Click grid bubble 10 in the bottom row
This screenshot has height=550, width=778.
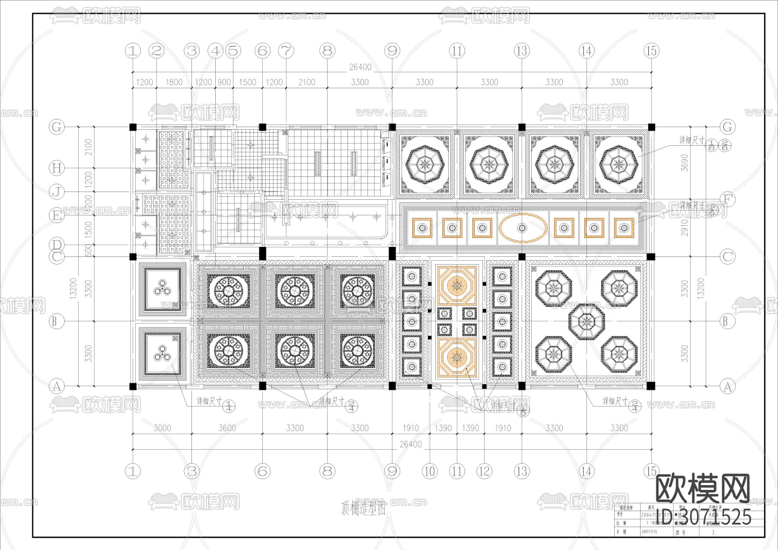pos(430,471)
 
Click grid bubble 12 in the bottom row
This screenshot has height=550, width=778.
pos(484,471)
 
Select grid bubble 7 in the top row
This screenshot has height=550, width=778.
pos(286,51)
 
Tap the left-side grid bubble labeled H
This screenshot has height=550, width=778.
pos(57,168)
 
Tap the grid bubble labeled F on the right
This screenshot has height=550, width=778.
pos(727,199)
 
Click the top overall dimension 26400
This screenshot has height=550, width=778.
pos(360,67)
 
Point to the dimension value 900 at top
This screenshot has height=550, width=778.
pos(224,82)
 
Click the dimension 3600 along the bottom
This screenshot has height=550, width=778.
pos(227,428)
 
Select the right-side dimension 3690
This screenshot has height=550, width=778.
pos(684,163)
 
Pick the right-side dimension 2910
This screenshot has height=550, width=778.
pos(684,228)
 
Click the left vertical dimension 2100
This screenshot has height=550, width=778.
pos(89,147)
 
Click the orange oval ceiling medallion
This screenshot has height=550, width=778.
pos(522,228)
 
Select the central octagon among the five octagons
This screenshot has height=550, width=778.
pos(587,321)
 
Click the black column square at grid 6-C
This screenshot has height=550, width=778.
pos(262,253)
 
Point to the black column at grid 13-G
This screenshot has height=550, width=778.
pos(522,127)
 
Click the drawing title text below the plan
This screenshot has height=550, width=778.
pos(363,508)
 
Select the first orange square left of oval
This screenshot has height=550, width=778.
pos(482,228)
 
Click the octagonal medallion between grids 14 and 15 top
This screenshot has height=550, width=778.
pos(619,164)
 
